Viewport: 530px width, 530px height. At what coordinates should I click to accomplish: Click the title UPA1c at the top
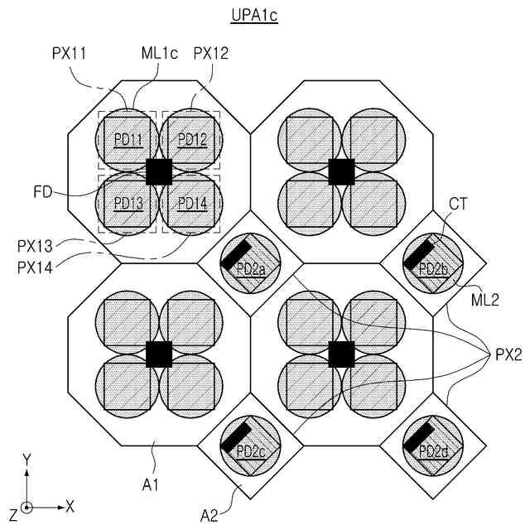(253, 16)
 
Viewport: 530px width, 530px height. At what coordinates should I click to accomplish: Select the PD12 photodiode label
(191, 138)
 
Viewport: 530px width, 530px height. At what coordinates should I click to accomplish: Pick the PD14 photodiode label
(191, 204)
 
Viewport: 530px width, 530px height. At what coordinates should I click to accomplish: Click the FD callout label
(44, 192)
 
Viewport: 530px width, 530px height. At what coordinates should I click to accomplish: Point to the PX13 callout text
(38, 246)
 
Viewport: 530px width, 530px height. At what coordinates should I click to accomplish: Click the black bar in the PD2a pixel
(237, 253)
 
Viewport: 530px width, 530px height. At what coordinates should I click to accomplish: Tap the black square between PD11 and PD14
(159, 171)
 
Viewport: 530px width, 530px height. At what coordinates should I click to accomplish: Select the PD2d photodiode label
(434, 450)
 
